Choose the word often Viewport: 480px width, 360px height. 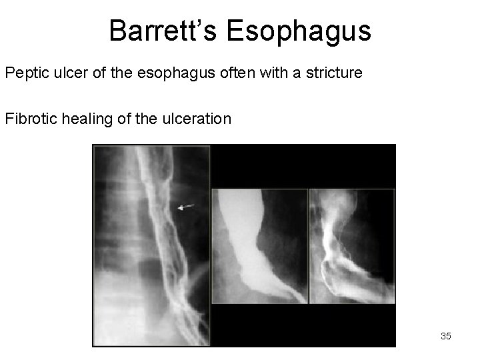(x=213, y=72)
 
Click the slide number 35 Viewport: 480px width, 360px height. (x=445, y=337)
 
